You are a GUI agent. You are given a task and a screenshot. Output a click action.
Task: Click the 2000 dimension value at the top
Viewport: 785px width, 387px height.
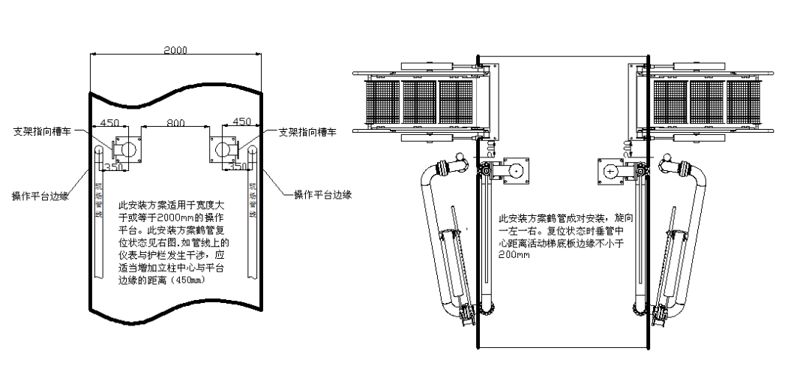tap(175, 49)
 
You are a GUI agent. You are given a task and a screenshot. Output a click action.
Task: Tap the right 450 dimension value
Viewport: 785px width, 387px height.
tap(241, 122)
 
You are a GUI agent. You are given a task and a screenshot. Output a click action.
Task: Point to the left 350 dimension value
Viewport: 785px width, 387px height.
tap(112, 167)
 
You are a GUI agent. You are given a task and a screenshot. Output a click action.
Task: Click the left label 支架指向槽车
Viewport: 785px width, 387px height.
tap(44, 130)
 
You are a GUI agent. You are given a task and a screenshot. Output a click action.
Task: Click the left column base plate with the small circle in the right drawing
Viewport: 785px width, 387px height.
tap(515, 171)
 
